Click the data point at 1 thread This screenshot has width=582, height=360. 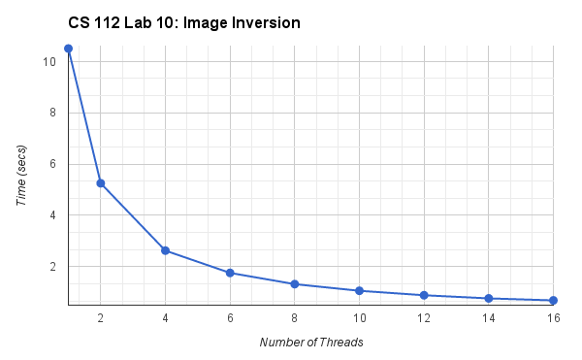pos(68,49)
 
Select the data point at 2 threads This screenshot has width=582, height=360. pos(101,183)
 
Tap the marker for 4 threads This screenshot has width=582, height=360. pos(166,250)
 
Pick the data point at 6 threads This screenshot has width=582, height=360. pos(230,273)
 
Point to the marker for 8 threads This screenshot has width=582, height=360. pos(295,284)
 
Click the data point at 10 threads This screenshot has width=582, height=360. pos(359,291)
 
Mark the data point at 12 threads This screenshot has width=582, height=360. pos(424,295)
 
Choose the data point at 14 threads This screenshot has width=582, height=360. pos(489,299)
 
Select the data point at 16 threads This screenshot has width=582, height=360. pos(553,301)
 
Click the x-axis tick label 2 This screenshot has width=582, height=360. pos(101,318)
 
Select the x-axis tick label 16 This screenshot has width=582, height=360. pos(553,318)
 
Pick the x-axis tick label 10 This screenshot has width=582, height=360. pos(359,318)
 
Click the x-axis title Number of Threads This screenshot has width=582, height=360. pos(310,343)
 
